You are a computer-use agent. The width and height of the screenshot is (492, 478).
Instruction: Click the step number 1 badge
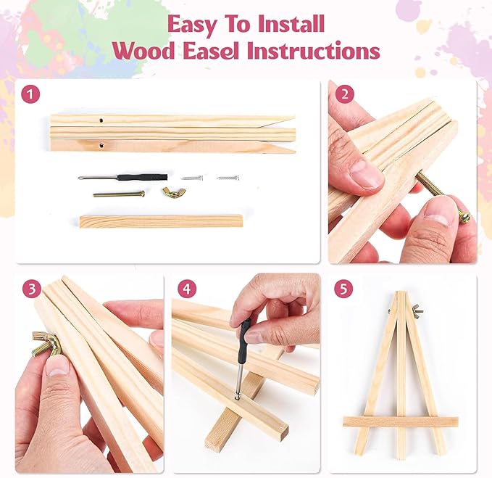(x=30, y=94)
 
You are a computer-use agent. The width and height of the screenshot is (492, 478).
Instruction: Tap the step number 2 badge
(x=344, y=94)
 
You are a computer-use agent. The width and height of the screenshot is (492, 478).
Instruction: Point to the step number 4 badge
(x=187, y=289)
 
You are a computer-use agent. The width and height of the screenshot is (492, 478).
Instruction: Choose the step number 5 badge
(x=343, y=289)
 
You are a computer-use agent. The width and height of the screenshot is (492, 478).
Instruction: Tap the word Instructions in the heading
(x=314, y=51)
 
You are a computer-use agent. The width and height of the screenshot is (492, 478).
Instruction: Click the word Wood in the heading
(x=143, y=51)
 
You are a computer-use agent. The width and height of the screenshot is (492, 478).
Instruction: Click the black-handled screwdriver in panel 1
(x=122, y=178)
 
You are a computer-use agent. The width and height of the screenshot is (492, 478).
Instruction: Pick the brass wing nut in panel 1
(x=171, y=193)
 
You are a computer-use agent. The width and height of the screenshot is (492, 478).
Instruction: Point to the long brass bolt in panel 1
(x=119, y=194)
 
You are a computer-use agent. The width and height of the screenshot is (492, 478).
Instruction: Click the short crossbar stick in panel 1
(x=162, y=221)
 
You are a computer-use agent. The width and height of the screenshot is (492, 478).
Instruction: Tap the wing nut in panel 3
(x=46, y=345)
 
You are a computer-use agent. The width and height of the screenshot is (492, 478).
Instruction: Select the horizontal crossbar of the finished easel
(x=401, y=421)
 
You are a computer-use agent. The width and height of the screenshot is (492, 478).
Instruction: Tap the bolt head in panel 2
(x=464, y=215)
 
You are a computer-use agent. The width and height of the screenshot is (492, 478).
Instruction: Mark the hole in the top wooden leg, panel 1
(x=101, y=120)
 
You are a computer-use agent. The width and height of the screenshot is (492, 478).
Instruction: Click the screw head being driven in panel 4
(x=237, y=398)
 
